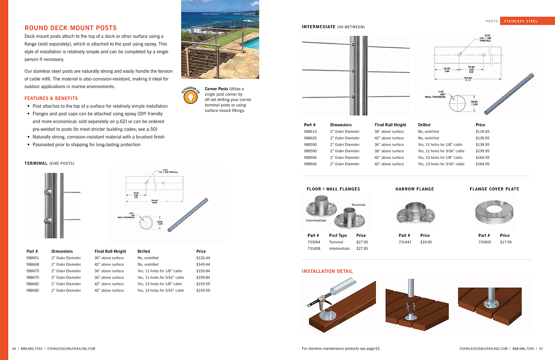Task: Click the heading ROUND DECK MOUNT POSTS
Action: tap(71, 28)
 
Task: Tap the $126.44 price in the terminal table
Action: tap(203, 258)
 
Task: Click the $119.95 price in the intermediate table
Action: tap(482, 131)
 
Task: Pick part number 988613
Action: tap(310, 131)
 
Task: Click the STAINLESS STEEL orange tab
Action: tap(521, 21)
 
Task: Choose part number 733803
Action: tap(485, 242)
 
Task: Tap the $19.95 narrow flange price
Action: tap(426, 242)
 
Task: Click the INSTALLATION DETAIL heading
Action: tap(327, 271)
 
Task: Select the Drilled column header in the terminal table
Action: tap(144, 251)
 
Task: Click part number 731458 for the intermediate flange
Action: tap(314, 249)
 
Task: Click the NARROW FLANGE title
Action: tap(415, 189)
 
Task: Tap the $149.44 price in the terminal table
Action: tap(203, 264)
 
